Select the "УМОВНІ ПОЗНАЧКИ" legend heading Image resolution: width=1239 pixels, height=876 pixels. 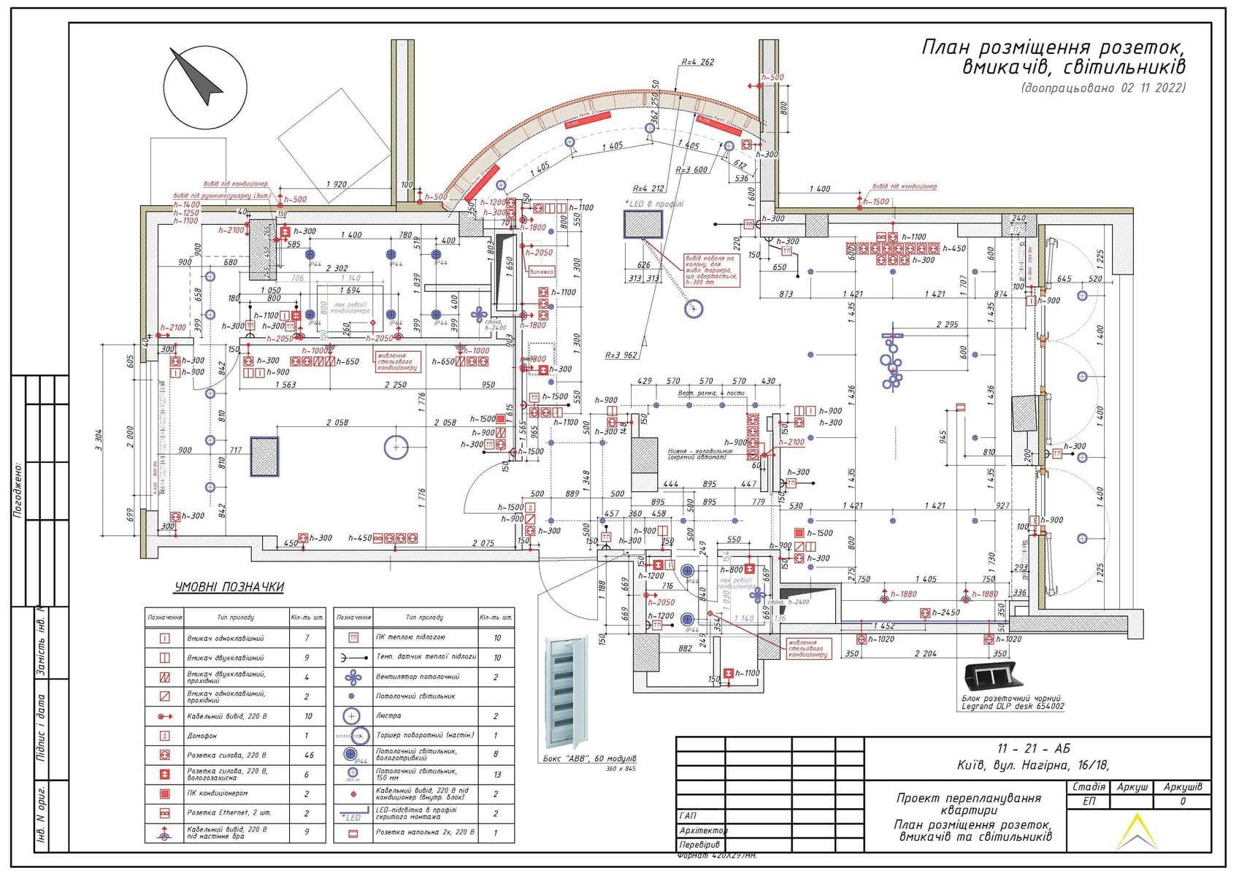(229, 587)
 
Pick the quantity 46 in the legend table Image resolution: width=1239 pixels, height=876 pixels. (307, 755)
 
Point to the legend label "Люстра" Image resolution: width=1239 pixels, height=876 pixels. (388, 716)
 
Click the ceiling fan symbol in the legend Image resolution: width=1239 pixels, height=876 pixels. (353, 677)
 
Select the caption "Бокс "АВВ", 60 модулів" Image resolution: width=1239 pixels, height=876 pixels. (586, 758)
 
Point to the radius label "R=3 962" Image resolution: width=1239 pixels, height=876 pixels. (621, 356)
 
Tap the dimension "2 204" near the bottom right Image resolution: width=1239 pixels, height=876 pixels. (925, 654)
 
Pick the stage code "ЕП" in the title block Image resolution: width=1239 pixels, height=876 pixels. (1089, 801)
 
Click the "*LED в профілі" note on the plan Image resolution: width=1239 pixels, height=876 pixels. (654, 204)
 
